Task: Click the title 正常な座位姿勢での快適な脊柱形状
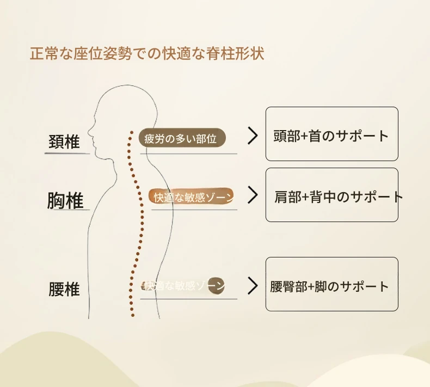pyautogui.click(x=147, y=55)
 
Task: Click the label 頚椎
pyautogui.click(x=64, y=142)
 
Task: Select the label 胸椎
pyautogui.click(x=65, y=200)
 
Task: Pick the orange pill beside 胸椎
pyautogui.click(x=192, y=196)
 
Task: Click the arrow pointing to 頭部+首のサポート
pyautogui.click(x=252, y=136)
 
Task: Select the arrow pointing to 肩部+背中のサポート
pyautogui.click(x=252, y=194)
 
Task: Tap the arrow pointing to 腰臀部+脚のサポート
pyautogui.click(x=252, y=286)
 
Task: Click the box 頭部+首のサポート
pyautogui.click(x=331, y=134)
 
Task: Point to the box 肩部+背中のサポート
pyautogui.click(x=331, y=195)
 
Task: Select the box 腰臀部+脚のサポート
pyautogui.click(x=331, y=284)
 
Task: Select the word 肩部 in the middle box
pyautogui.click(x=288, y=197)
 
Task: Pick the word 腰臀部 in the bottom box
pyautogui.click(x=288, y=286)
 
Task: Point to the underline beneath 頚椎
pyautogui.click(x=67, y=153)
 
